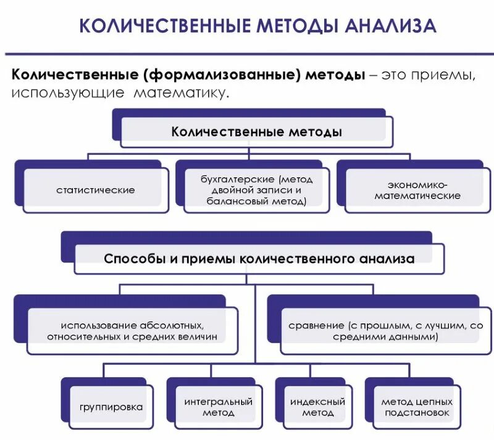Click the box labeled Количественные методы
click(256, 132)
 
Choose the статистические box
click(95, 190)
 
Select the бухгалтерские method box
click(256, 190)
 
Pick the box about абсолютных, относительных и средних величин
click(132, 331)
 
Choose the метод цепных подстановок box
click(417, 407)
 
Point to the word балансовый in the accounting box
click(231, 201)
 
